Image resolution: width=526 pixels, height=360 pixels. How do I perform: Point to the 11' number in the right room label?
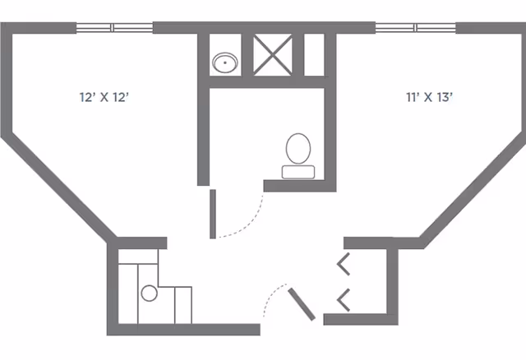point(413,97)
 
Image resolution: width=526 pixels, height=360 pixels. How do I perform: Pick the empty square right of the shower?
point(314,54)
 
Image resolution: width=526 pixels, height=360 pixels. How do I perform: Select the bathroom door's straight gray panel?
point(213,214)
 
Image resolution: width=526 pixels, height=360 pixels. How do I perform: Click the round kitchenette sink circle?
point(149,293)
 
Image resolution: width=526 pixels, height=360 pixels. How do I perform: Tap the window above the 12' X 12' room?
point(114,28)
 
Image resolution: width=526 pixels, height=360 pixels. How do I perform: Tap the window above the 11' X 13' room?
point(416,28)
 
